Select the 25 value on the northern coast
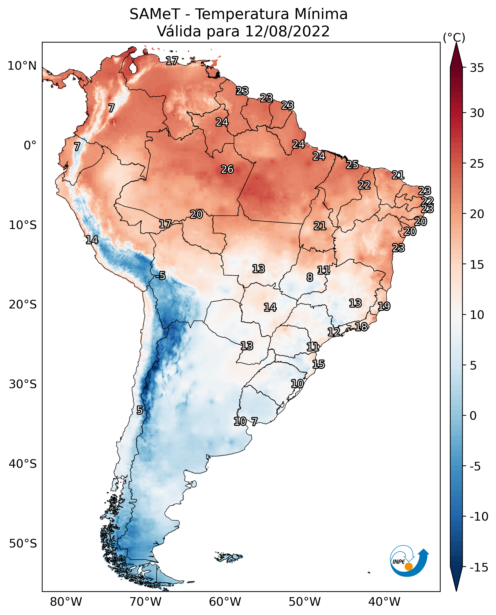tap(352, 165)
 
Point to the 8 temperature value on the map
tap(310, 277)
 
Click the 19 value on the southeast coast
tap(384, 306)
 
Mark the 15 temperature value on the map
tap(319, 364)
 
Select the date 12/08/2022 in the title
tap(287, 31)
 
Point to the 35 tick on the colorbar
tap(477, 68)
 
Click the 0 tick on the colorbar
tap(473, 415)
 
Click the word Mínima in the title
tap(321, 14)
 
